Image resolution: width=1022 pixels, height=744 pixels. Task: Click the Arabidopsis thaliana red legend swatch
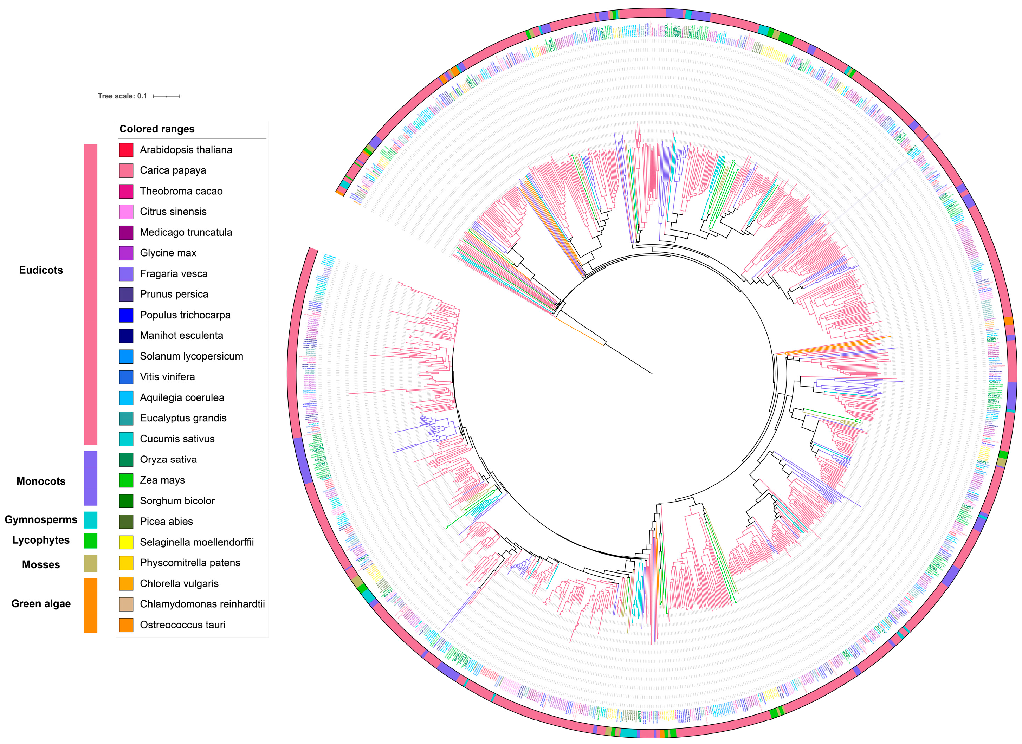pyautogui.click(x=126, y=150)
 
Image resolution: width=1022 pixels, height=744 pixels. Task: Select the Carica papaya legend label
pyautogui.click(x=173, y=170)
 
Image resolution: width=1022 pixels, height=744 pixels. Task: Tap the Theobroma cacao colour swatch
pyautogui.click(x=126, y=191)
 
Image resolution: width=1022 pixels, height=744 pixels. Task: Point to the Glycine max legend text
pyautogui.click(x=168, y=253)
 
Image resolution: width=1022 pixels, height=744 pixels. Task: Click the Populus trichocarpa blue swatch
pyautogui.click(x=126, y=315)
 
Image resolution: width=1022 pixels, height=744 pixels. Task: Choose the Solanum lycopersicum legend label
pyautogui.click(x=191, y=356)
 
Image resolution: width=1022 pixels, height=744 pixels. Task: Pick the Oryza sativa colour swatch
pyautogui.click(x=126, y=459)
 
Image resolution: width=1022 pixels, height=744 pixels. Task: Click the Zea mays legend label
pyautogui.click(x=162, y=480)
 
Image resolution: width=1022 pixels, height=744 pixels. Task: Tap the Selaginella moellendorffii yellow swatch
pyautogui.click(x=126, y=542)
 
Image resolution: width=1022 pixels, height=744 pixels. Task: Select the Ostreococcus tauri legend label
pyautogui.click(x=182, y=625)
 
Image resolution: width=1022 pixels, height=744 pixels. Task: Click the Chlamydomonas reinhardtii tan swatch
pyautogui.click(x=126, y=604)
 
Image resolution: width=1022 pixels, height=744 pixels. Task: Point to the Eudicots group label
pyautogui.click(x=41, y=270)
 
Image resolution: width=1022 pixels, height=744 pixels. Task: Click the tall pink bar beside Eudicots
pyautogui.click(x=91, y=294)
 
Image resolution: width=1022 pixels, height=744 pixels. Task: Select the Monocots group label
pyautogui.click(x=41, y=481)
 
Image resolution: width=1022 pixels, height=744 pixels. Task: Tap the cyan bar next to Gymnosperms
pyautogui.click(x=91, y=519)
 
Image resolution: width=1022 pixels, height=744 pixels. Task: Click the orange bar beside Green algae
pyautogui.click(x=91, y=605)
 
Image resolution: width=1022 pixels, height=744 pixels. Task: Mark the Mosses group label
pyautogui.click(x=41, y=565)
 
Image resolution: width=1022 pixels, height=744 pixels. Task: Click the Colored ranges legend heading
pyautogui.click(x=157, y=129)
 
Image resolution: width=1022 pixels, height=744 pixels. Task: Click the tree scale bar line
pyautogui.click(x=166, y=96)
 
